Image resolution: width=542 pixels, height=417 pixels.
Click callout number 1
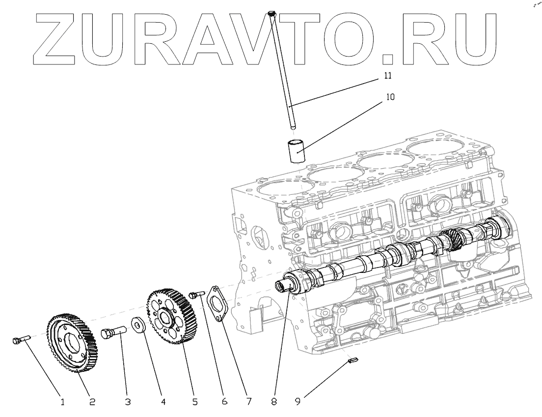click(62, 402)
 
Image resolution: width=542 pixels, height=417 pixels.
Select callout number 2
click(92, 402)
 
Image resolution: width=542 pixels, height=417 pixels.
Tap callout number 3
click(127, 402)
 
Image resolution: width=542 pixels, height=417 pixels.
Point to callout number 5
click(195, 402)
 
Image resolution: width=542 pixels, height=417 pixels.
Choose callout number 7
click(248, 402)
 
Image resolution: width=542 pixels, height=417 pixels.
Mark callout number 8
click(274, 402)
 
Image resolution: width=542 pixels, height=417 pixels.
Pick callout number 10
click(390, 97)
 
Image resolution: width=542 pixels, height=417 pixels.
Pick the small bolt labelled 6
click(196, 294)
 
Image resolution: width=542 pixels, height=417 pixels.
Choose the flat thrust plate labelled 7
click(217, 304)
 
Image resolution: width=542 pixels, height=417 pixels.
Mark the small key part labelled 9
click(352, 361)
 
